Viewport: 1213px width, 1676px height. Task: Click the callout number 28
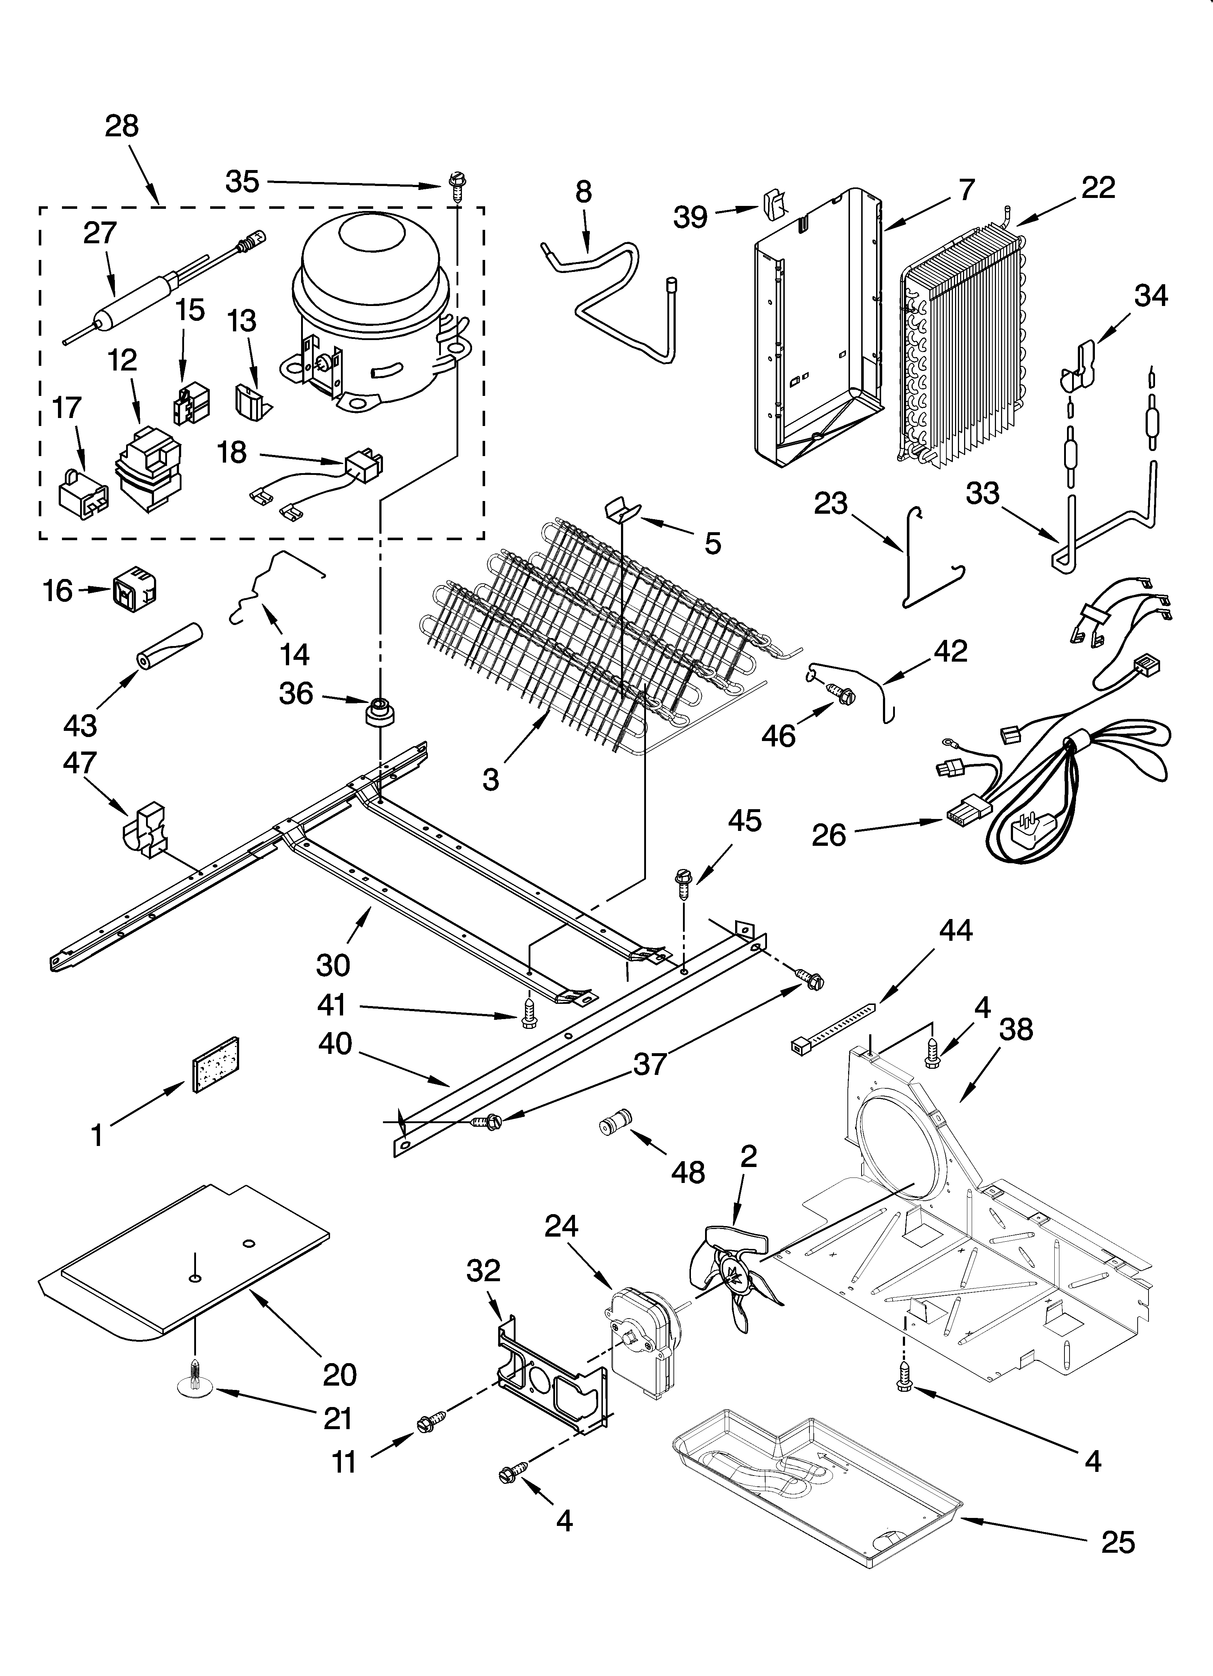point(122,127)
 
